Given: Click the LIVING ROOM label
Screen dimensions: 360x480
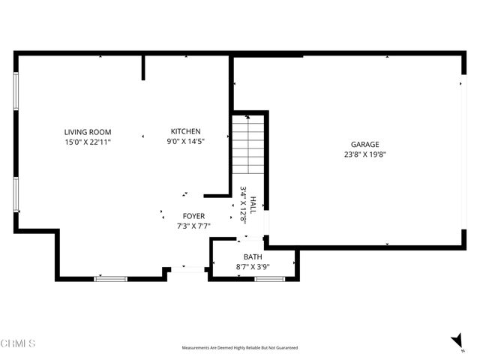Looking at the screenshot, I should coord(87,132).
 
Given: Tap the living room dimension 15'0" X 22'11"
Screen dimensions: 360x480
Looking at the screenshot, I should coord(87,141).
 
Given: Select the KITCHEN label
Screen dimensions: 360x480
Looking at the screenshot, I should coord(185,131).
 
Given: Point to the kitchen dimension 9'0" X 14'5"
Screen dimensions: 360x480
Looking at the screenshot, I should coord(185,140).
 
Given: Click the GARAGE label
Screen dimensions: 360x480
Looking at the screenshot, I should coord(365,145).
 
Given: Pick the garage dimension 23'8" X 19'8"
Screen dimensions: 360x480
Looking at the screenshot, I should coord(365,154).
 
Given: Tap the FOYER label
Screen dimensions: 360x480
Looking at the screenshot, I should coord(193,216).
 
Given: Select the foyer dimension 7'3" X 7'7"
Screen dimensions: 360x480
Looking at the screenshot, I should coord(193,225).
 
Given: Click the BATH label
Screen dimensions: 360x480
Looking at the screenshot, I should coord(253,256).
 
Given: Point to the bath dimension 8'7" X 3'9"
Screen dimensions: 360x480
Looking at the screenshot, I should coord(253,265).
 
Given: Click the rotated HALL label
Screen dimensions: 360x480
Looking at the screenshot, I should coord(253,205).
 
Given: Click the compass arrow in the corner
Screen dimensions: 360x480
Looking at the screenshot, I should coord(457,342).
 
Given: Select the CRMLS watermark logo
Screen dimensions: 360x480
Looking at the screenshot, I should coord(18,343).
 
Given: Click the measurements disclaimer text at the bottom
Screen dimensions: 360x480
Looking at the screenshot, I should coord(239,348).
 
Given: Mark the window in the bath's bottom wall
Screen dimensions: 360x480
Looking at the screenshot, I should coord(269,279).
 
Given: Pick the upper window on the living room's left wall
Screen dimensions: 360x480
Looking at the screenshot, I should coord(16,89).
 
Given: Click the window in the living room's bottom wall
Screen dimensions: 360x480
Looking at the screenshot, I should coord(110,279).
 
